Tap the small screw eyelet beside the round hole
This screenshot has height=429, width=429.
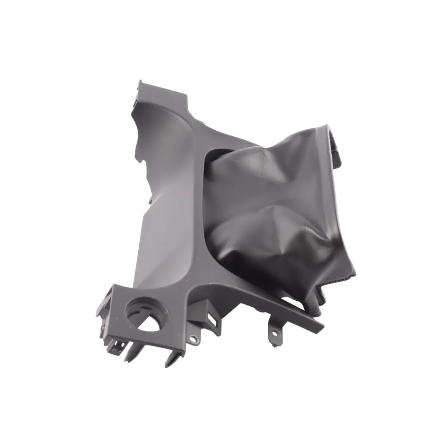193,339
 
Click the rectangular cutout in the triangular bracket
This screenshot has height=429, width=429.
213,319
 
